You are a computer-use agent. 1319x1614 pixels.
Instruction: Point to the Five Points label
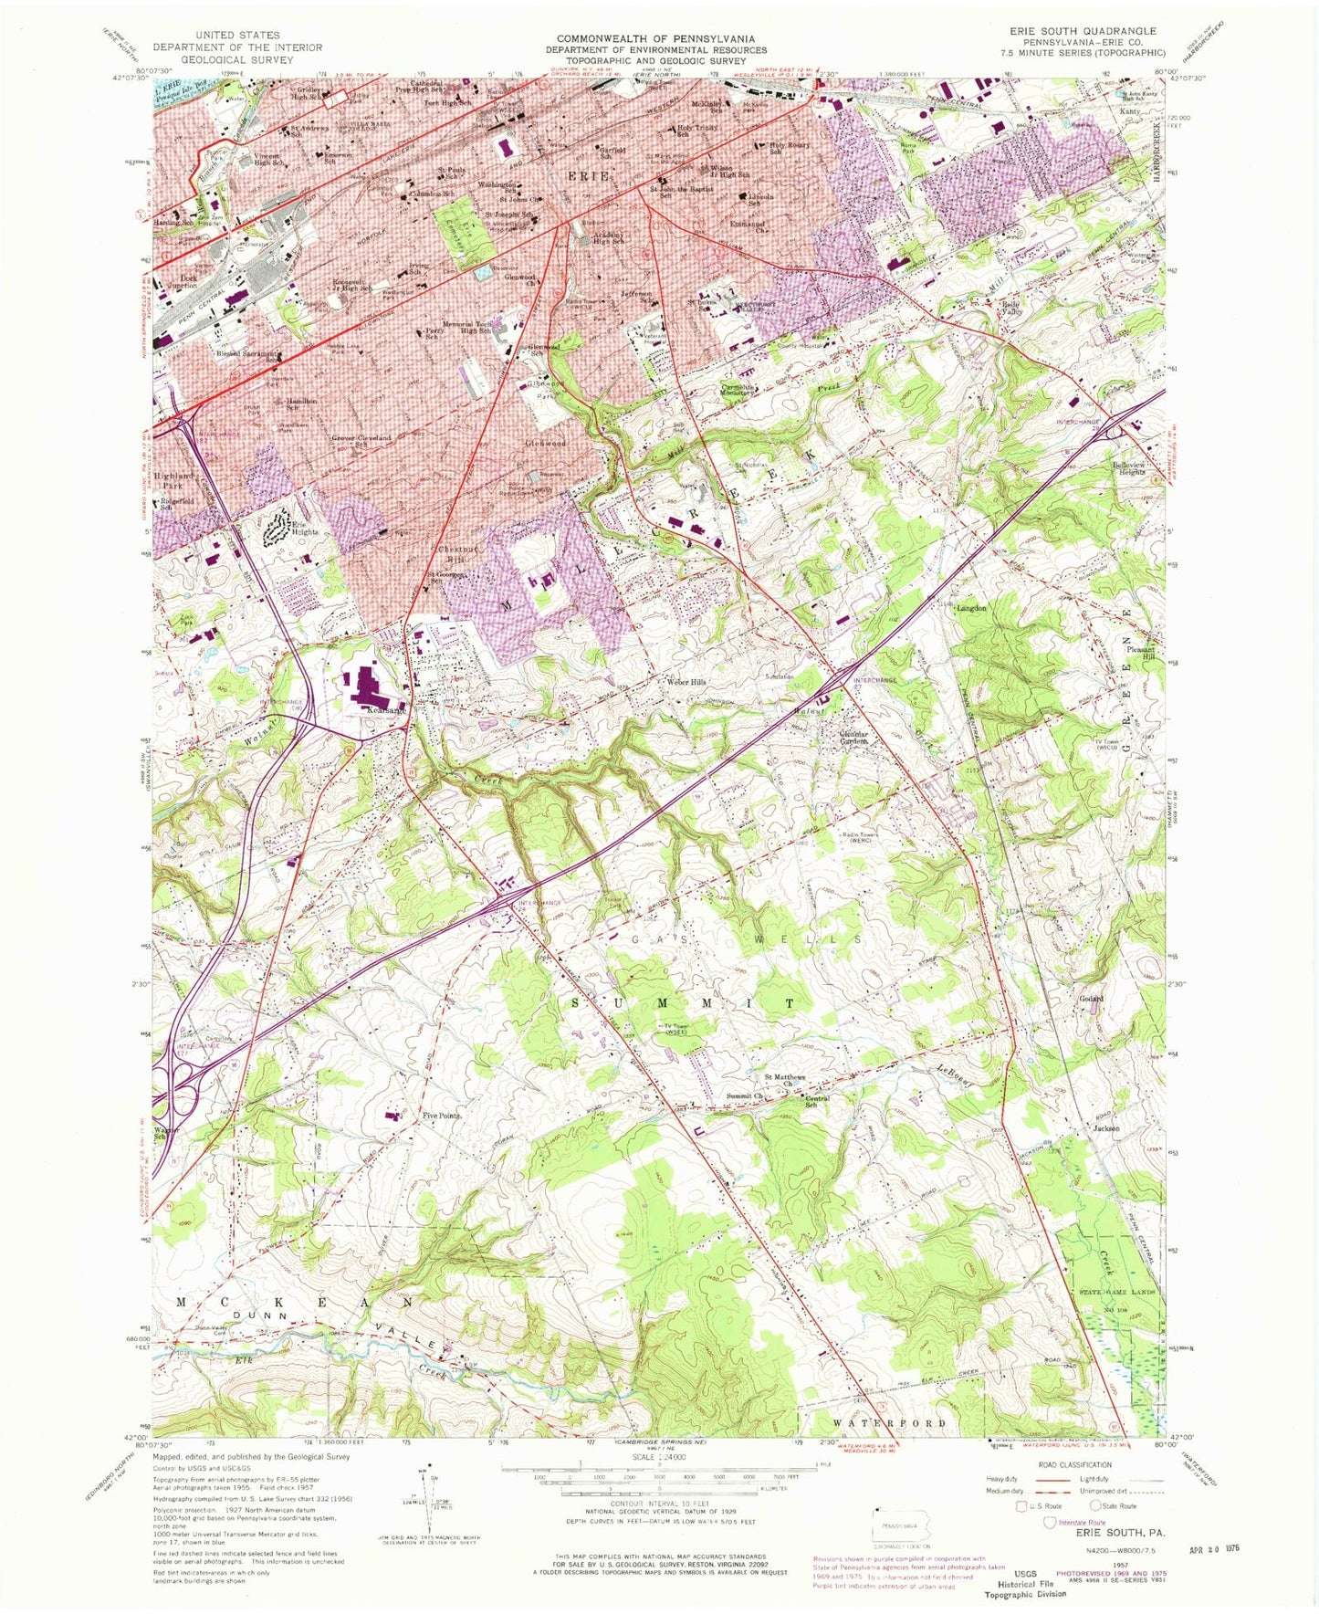click(441, 1116)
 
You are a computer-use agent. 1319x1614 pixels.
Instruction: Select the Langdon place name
click(970, 607)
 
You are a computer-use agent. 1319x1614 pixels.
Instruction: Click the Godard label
click(1092, 999)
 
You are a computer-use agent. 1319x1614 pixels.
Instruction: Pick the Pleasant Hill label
click(1141, 653)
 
